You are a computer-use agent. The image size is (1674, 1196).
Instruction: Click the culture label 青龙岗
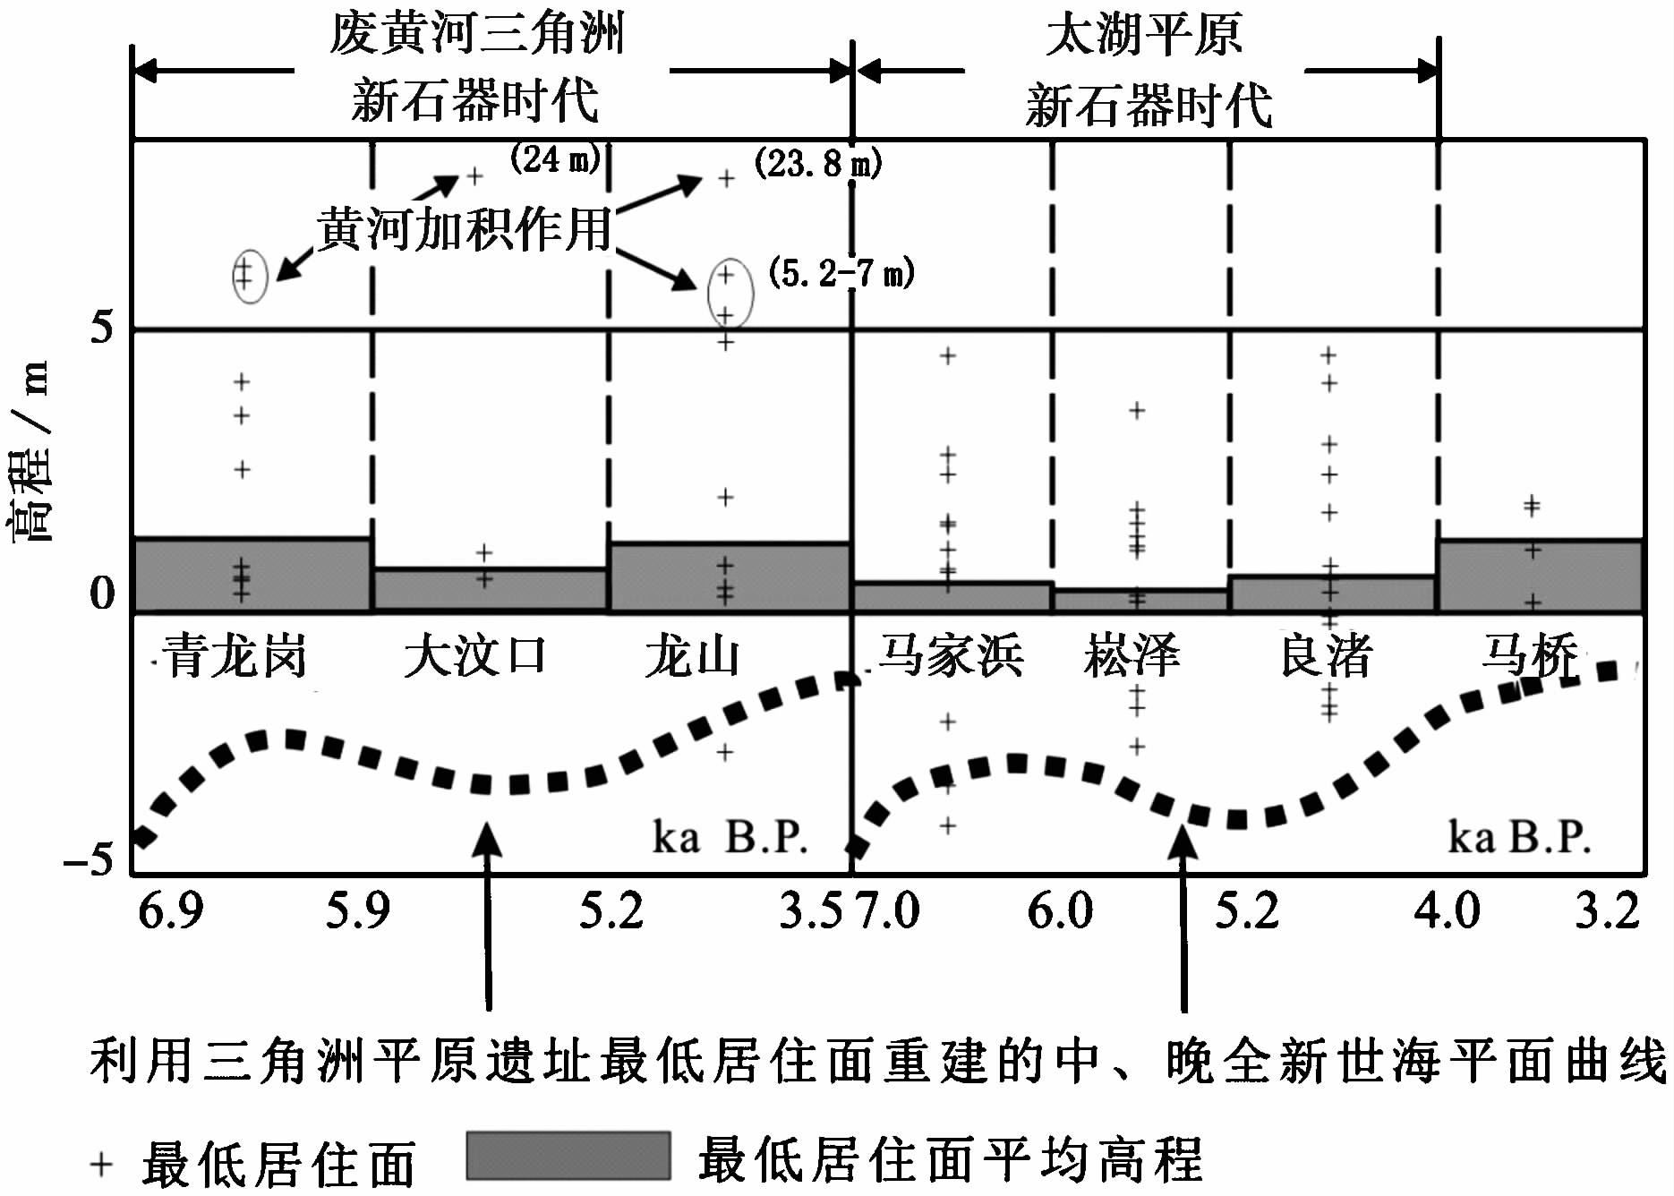tap(235, 656)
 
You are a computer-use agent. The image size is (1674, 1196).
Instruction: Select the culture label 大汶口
tap(474, 656)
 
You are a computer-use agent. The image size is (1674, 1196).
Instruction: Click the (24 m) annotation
tap(555, 159)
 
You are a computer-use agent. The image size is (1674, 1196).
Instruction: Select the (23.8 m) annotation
tap(817, 163)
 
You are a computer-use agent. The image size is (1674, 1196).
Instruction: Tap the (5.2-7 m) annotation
tap(841, 272)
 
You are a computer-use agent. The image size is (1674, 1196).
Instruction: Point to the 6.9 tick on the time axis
tap(170, 911)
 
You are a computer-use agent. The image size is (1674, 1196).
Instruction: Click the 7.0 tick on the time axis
tap(886, 911)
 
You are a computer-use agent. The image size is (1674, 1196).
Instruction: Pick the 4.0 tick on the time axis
tap(1446, 911)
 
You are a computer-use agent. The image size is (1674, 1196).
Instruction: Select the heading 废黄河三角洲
tap(475, 34)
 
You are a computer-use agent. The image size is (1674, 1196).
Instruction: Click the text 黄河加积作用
tap(465, 229)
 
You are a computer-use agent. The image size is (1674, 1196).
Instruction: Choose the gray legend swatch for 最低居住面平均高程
tap(568, 1156)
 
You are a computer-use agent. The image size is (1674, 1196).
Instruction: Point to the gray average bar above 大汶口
tap(490, 589)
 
